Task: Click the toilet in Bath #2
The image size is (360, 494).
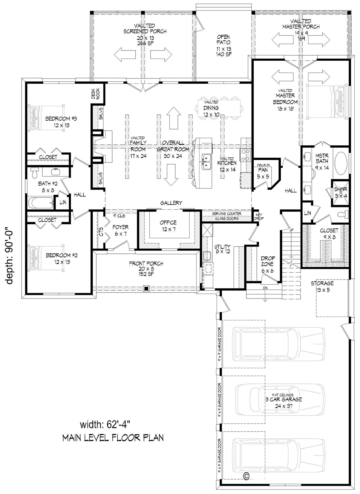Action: [34, 173]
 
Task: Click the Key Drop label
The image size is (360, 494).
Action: [259, 217]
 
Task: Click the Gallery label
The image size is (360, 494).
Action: [171, 203]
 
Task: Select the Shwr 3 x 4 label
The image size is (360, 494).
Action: [340, 192]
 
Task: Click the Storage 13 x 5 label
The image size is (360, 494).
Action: [322, 286]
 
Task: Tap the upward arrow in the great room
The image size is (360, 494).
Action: [174, 118]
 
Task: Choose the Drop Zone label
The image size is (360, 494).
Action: [268, 264]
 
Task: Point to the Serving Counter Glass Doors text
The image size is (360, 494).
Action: [227, 216]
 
